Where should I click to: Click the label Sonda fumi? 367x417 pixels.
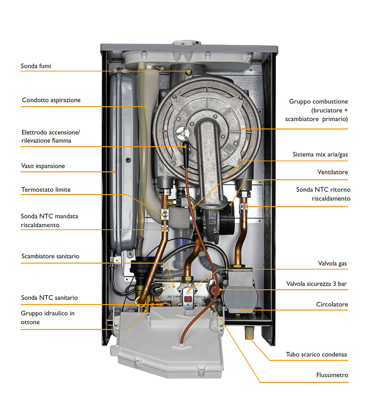(x=36, y=66)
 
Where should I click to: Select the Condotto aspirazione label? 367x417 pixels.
(x=51, y=100)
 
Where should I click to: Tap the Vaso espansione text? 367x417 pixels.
(x=43, y=166)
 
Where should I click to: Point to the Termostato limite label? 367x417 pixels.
(x=46, y=190)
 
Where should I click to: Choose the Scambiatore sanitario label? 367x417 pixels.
(x=50, y=256)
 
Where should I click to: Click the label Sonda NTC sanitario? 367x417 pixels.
(x=49, y=298)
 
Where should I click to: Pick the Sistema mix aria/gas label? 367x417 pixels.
(x=320, y=155)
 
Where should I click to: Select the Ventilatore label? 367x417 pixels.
(x=333, y=172)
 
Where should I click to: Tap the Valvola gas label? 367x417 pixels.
(x=333, y=264)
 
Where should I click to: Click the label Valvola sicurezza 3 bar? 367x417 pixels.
(x=316, y=284)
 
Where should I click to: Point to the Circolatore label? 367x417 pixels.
(x=332, y=304)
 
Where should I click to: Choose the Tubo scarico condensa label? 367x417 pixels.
(x=316, y=355)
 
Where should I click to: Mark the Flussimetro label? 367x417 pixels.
(x=332, y=375)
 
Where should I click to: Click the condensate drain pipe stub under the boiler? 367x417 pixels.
(x=249, y=333)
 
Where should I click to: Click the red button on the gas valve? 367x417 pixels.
(x=188, y=299)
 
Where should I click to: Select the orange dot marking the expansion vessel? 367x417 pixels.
(x=115, y=172)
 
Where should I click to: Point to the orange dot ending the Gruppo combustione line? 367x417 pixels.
(x=243, y=129)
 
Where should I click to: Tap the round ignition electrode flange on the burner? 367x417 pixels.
(x=183, y=132)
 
